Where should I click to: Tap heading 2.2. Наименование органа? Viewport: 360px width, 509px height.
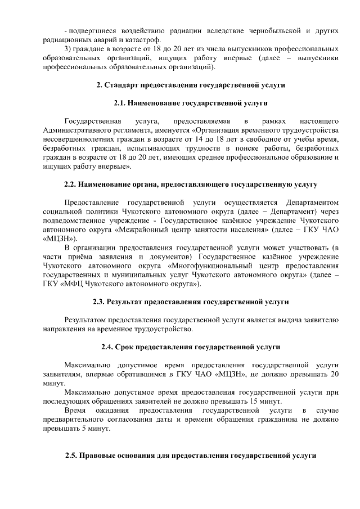coord(191,184)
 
